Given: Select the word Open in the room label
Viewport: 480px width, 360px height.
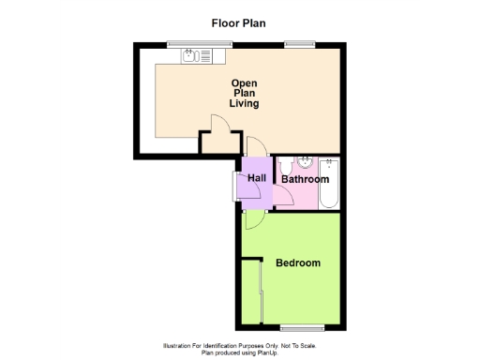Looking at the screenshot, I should coord(245,84).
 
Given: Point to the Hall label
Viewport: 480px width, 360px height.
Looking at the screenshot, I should coord(257,176).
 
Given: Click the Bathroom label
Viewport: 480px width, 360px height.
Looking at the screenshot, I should coord(306,179).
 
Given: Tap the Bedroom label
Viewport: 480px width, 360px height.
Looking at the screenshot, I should coord(298,263).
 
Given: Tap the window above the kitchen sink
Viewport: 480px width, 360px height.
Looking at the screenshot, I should coord(187,43).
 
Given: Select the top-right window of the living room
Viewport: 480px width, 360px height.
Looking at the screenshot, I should coord(300,43).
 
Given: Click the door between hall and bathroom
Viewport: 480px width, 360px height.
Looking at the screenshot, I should coord(282,195).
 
